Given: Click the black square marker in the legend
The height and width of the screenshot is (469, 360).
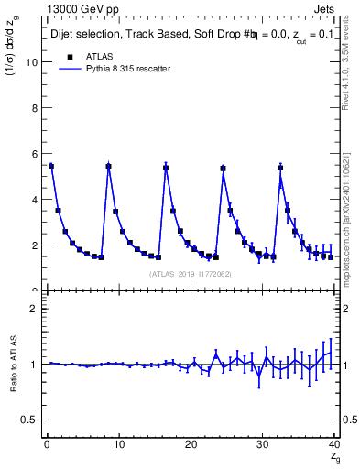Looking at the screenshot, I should tap(70, 55).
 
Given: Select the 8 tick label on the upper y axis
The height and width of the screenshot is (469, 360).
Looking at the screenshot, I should tap(33, 108).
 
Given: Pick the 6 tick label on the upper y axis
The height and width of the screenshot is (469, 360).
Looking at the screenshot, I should tap(33, 154).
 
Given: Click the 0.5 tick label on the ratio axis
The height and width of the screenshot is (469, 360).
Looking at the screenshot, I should tap(28, 420).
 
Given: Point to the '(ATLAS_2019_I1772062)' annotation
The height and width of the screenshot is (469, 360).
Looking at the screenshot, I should tap(190, 273).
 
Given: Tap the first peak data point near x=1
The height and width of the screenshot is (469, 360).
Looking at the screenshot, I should tap(51, 167).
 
